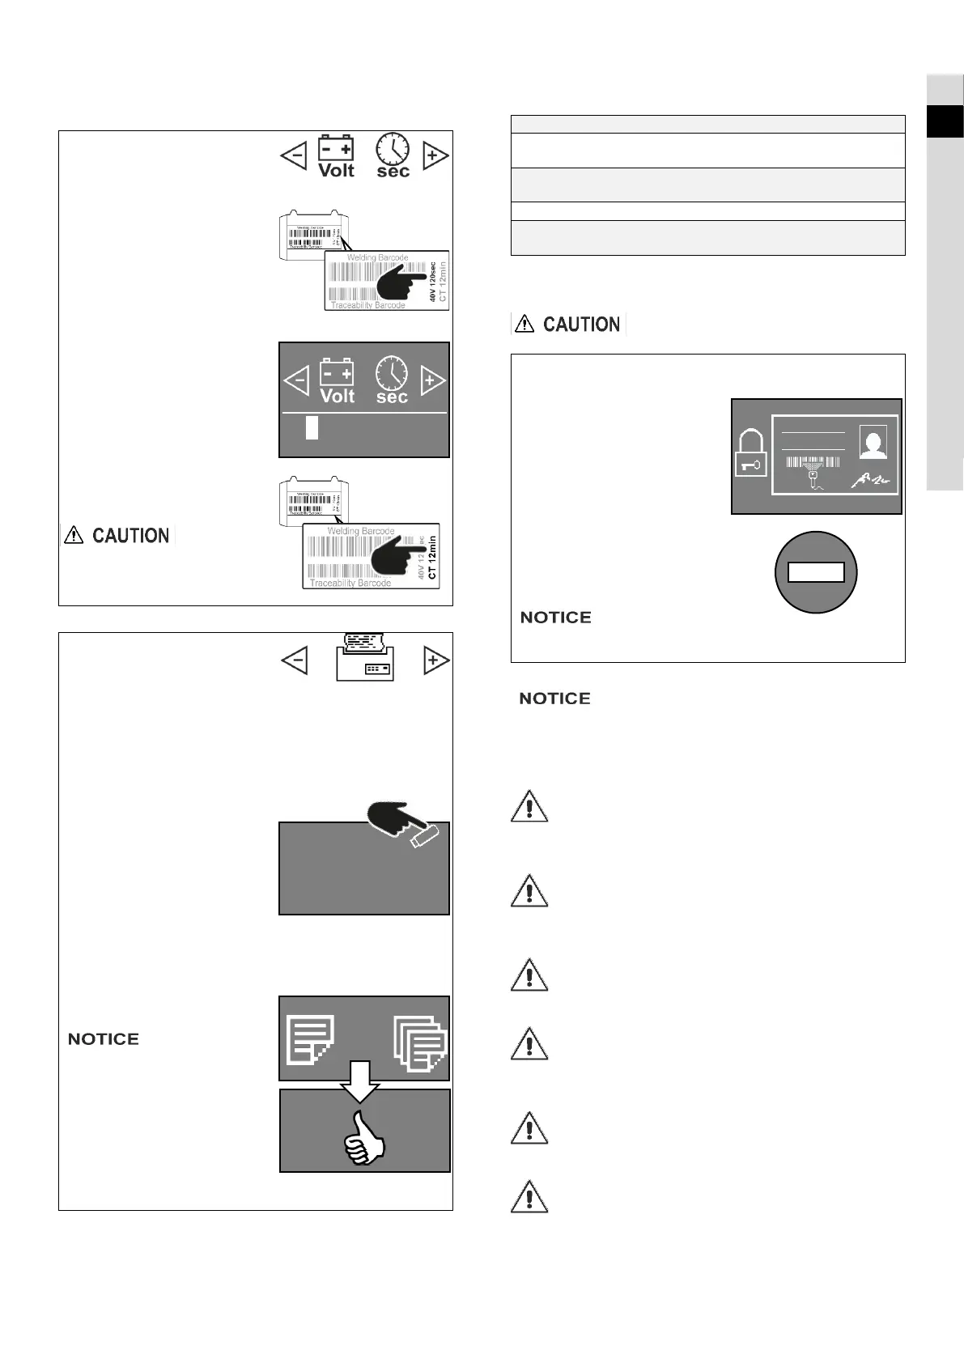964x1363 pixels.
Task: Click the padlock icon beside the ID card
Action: click(750, 454)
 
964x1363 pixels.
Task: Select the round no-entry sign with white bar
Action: click(816, 572)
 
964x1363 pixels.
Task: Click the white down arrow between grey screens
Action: click(360, 1081)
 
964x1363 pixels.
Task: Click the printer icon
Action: click(365, 657)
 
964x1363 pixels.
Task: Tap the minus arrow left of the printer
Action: click(294, 660)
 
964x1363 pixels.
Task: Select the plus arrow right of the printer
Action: click(435, 660)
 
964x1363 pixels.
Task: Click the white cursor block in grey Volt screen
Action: click(312, 427)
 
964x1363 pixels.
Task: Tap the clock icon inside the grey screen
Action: click(393, 380)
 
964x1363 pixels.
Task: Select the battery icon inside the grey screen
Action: click(337, 381)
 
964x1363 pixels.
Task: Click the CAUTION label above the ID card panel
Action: click(568, 325)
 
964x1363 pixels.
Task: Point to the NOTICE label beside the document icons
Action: click(104, 1039)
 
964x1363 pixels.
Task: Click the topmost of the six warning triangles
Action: click(529, 806)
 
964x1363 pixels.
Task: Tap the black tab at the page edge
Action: click(945, 121)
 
